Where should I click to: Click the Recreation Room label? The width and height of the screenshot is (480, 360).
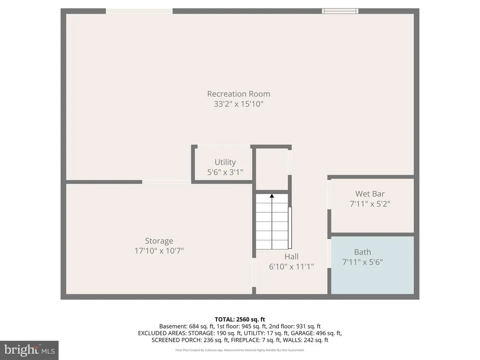(239, 94)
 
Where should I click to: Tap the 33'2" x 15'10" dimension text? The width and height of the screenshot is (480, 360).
(239, 104)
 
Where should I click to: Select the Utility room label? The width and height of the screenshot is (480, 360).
(225, 162)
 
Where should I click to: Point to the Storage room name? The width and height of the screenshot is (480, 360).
(159, 241)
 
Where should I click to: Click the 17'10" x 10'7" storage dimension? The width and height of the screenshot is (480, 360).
(159, 251)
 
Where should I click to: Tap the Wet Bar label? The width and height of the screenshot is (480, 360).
(370, 194)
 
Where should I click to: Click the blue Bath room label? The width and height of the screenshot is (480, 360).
(362, 252)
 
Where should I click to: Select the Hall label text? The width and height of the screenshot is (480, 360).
(292, 256)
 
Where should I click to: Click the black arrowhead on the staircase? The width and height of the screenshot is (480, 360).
(272, 195)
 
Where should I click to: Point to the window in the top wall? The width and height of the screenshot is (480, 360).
(340, 11)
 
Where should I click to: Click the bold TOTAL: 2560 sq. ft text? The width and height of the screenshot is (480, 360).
(240, 320)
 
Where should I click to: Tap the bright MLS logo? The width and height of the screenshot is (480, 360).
(30, 350)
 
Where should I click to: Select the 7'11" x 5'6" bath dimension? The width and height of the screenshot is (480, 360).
(362, 262)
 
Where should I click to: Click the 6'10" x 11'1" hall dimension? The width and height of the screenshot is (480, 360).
(292, 267)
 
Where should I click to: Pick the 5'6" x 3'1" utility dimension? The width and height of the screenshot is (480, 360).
(225, 172)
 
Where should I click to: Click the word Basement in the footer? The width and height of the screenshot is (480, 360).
(173, 326)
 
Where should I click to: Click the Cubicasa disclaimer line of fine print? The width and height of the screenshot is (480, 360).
(240, 350)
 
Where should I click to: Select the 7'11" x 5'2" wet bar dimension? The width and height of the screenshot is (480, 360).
(370, 204)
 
